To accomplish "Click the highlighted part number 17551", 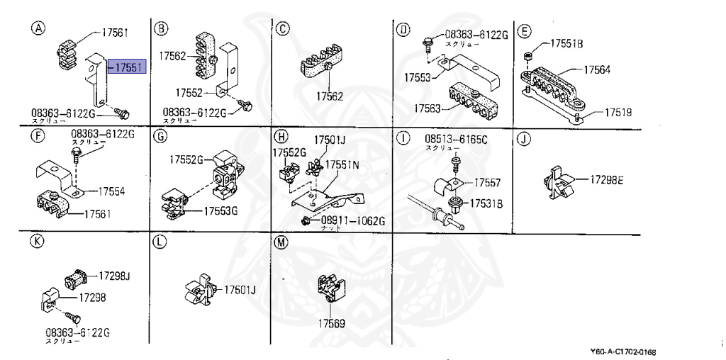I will [x=128, y=67].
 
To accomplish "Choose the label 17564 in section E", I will [x=598, y=70].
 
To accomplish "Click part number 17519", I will [x=618, y=112].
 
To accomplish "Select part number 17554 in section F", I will [x=112, y=191].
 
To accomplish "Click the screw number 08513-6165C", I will [x=456, y=139].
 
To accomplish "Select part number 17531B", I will [x=488, y=204].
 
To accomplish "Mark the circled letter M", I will [x=281, y=242].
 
